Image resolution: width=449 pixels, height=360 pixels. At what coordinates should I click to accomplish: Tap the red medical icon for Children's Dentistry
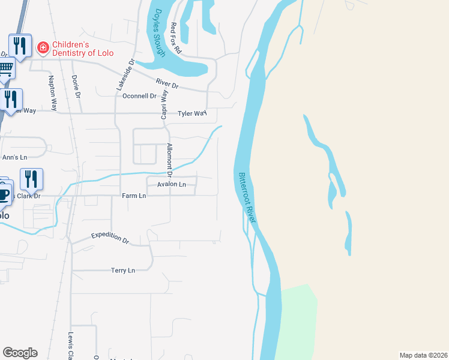43,47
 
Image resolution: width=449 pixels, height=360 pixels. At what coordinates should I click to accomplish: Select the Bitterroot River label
247,198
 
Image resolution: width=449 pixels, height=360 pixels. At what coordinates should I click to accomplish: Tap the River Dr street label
167,85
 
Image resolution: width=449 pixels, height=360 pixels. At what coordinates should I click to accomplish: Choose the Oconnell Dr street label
139,96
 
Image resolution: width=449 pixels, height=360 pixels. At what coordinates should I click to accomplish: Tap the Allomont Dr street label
170,160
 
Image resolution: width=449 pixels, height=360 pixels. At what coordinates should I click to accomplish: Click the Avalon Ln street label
172,184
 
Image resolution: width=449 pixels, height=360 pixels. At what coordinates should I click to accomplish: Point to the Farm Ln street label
134,196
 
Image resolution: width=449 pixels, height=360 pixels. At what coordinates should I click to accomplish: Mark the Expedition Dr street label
110,238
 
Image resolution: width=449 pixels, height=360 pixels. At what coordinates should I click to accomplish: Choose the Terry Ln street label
123,271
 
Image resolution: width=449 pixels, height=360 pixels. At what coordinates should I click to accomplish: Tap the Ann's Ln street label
15,157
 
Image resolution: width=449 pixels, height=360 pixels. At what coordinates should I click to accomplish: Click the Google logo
19,353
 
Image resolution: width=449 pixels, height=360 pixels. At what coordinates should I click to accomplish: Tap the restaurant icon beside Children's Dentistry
20,46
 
